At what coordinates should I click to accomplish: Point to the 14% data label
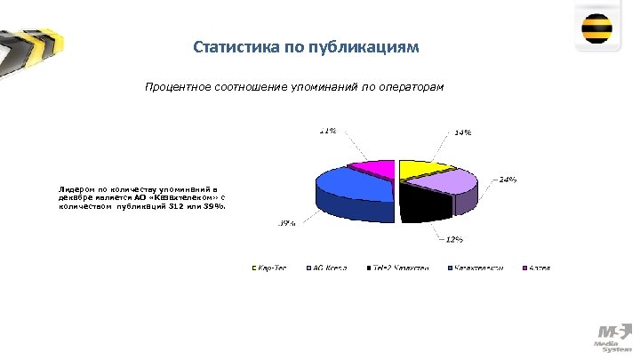pyautogui.click(x=462, y=132)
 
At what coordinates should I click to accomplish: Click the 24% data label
pyautogui.click(x=508, y=180)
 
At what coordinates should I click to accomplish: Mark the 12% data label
pyautogui.click(x=453, y=239)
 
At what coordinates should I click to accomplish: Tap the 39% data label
pyautogui.click(x=287, y=223)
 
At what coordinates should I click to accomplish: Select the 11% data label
pyautogui.click(x=328, y=131)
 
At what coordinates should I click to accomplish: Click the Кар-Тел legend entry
pyautogui.click(x=271, y=268)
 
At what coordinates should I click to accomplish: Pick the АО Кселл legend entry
pyautogui.click(x=328, y=268)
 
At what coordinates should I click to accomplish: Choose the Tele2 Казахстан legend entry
pyautogui.click(x=401, y=268)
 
